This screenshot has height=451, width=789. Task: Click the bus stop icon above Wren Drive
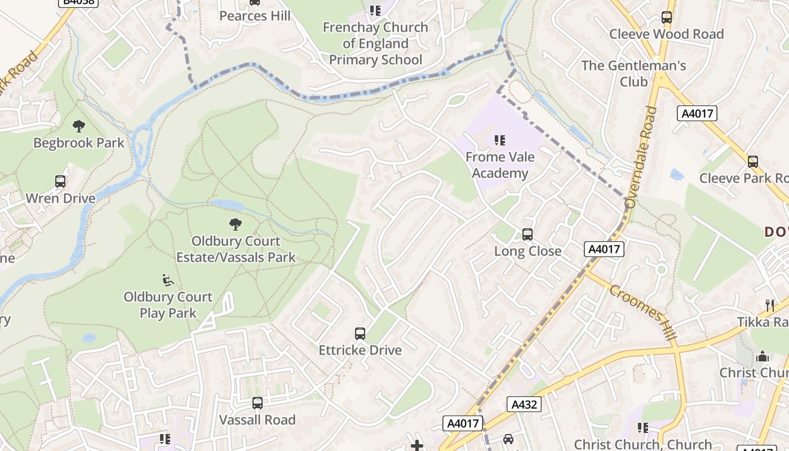(60, 182)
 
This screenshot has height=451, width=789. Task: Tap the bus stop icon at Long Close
(528, 234)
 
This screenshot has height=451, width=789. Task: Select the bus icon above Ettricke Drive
(360, 333)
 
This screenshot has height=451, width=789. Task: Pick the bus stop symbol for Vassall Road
(258, 403)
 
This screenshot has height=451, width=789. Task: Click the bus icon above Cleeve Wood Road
(667, 17)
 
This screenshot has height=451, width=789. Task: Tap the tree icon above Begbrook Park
(79, 126)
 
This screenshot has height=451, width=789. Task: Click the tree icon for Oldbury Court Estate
(236, 224)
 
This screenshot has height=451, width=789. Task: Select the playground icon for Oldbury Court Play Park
(168, 280)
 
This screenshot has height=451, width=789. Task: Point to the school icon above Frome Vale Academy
(499, 140)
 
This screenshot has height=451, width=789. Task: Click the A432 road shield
(524, 404)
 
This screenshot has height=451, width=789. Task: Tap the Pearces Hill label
(255, 16)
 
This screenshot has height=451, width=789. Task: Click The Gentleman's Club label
(633, 73)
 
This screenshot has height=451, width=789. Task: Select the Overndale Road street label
(641, 157)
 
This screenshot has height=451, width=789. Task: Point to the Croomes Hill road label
(642, 311)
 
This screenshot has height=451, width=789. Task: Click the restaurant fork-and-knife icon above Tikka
(770, 305)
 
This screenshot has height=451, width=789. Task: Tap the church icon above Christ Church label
(763, 356)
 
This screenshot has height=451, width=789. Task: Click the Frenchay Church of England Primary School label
(375, 43)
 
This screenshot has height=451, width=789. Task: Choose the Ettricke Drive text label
(360, 350)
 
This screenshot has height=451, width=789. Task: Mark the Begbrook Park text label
(79, 143)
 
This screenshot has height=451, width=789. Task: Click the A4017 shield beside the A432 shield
(463, 423)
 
